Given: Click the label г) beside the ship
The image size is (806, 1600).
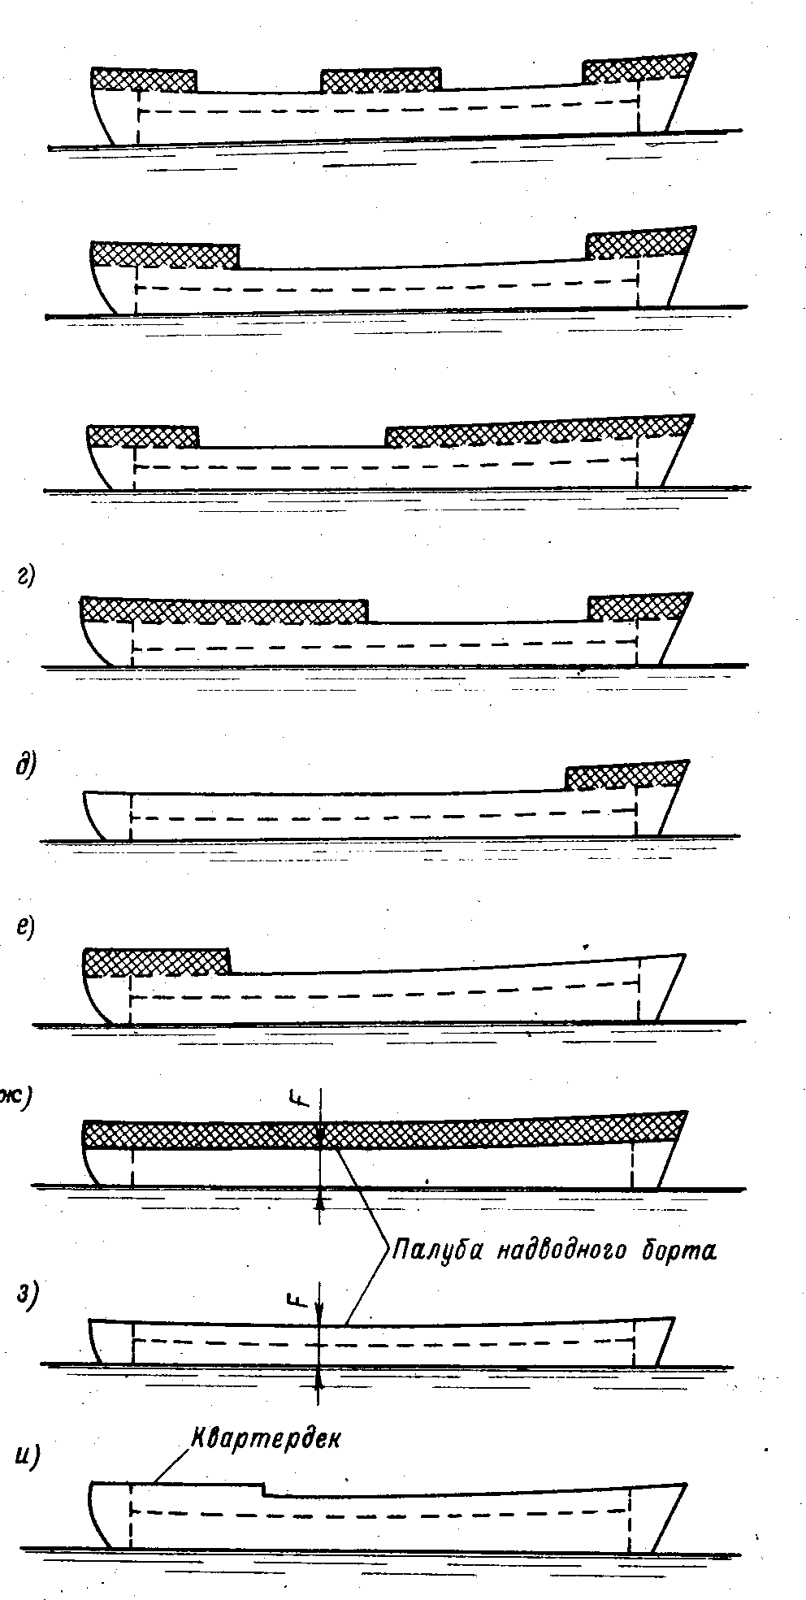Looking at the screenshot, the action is click(25, 578).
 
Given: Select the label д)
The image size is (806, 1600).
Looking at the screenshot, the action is click(24, 765).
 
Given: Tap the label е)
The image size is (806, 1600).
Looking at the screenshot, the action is click(25, 927).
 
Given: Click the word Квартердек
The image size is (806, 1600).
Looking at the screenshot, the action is click(266, 1437).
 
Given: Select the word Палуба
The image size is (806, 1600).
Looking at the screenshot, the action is click(435, 1248).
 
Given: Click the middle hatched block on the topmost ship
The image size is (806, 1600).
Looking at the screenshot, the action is click(381, 80).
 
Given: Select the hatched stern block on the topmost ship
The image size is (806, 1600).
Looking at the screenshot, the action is click(144, 79).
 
